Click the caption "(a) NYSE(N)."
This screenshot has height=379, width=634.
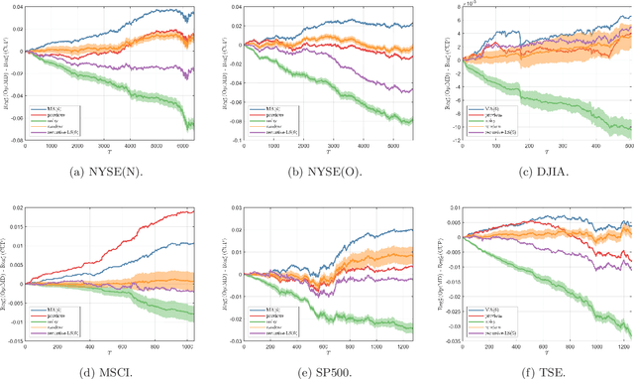(x=106, y=173)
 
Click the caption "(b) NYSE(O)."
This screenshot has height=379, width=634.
(x=318, y=173)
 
